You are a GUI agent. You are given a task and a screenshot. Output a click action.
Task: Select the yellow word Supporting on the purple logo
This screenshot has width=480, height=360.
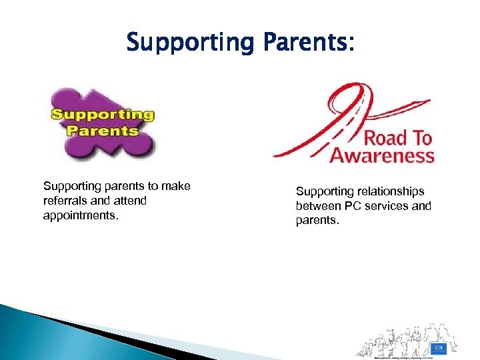(x=103, y=115)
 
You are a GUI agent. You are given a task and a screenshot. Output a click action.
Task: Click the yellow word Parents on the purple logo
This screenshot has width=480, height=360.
(x=103, y=129)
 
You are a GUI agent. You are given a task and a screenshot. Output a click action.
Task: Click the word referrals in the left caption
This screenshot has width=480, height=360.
(x=64, y=200)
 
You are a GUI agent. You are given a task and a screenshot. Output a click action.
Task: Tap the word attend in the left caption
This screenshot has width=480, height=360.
(x=131, y=200)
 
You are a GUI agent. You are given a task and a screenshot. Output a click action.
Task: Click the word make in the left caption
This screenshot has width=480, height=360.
(x=177, y=186)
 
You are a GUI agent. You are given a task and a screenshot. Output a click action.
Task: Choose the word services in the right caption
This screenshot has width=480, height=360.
(x=386, y=206)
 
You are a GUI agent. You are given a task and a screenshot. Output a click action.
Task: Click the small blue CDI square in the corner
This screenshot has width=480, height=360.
(x=439, y=348)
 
